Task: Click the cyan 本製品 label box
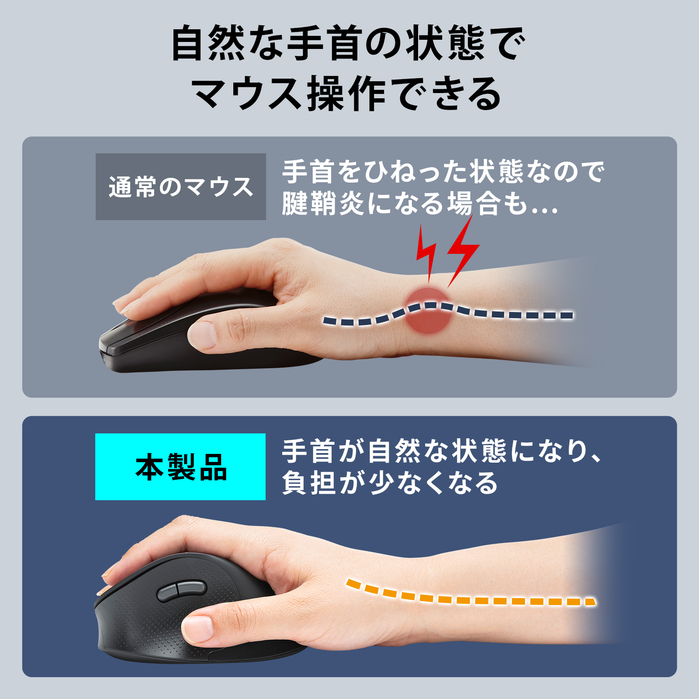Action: click(x=180, y=467)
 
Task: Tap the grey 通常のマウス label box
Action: click(x=181, y=187)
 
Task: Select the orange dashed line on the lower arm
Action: click(x=471, y=595)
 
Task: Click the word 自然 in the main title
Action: click(x=208, y=43)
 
